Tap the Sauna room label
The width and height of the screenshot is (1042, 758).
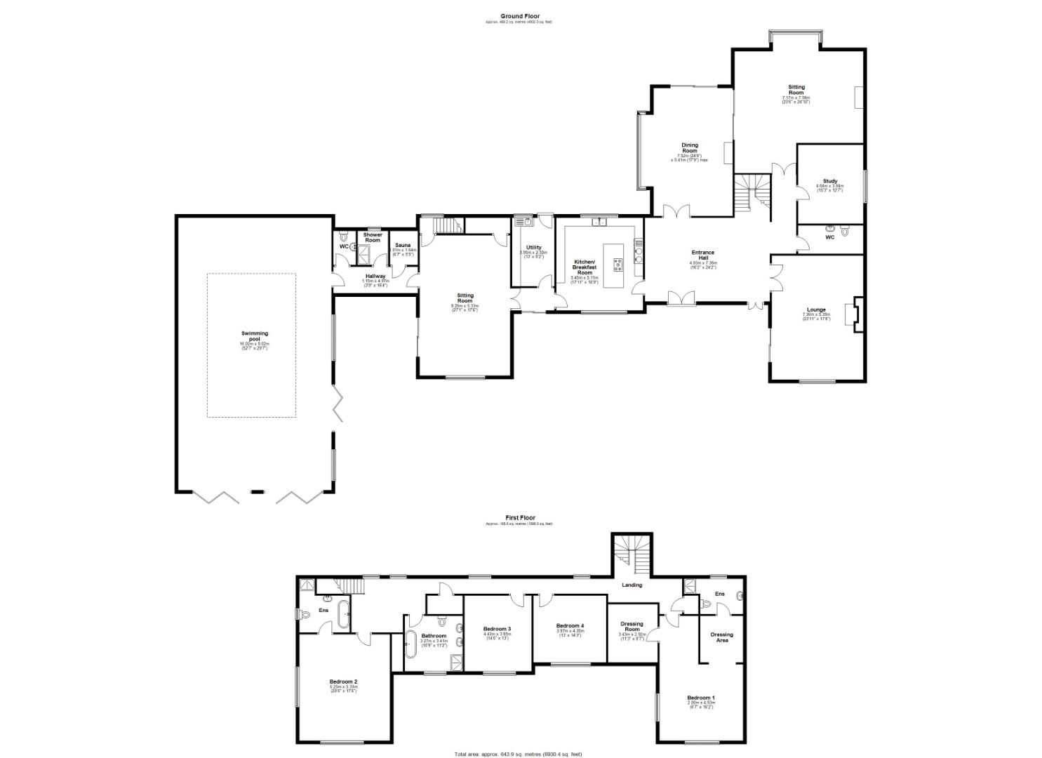pyautogui.click(x=403, y=246)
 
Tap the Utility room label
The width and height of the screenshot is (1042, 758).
pyautogui.click(x=533, y=248)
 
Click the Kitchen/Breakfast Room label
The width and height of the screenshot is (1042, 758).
pyautogui.click(x=585, y=267)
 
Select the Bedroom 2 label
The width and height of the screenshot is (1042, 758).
pyautogui.click(x=343, y=681)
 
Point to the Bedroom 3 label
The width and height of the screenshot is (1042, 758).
pyautogui.click(x=497, y=628)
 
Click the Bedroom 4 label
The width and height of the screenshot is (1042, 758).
pyautogui.click(x=570, y=626)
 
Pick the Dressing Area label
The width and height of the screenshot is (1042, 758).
pyautogui.click(x=721, y=637)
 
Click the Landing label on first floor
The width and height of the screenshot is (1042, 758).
pyautogui.click(x=632, y=585)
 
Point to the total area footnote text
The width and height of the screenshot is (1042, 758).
pyautogui.click(x=519, y=754)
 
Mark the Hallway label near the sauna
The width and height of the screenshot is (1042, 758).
pyautogui.click(x=374, y=277)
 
